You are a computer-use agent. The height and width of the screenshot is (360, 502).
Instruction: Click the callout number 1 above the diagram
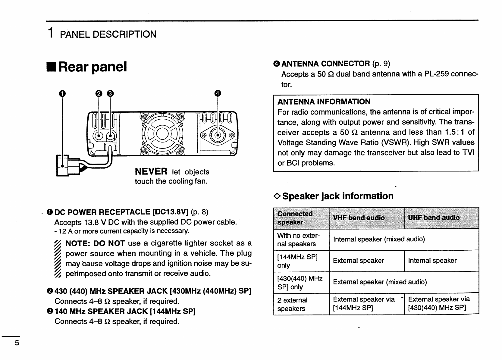point(62,93)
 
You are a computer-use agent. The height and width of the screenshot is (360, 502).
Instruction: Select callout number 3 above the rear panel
point(110,93)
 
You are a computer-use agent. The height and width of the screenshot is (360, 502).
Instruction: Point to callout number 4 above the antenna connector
point(218,93)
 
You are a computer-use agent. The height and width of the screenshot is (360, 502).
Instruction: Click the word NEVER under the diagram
point(151,172)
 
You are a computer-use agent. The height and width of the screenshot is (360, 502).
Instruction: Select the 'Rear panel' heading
point(93,67)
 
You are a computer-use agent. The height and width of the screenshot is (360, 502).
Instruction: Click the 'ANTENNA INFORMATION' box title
point(324,102)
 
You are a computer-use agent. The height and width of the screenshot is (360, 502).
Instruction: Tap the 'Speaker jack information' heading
point(338,196)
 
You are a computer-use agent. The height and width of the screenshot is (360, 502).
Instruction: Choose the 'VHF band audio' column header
point(359,218)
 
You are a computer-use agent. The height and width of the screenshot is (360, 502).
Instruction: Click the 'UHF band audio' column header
point(434,218)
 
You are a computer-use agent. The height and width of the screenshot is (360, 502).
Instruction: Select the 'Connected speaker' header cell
point(295,218)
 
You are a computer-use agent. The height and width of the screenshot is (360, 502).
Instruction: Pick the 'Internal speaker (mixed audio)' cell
point(379,239)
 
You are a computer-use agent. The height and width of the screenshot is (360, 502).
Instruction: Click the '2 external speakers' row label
point(292,304)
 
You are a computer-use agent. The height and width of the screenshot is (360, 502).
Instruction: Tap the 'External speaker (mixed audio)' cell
point(380,282)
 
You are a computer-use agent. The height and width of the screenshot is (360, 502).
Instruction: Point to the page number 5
point(17,343)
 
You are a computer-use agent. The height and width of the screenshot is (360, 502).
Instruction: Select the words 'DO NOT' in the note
point(109,243)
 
